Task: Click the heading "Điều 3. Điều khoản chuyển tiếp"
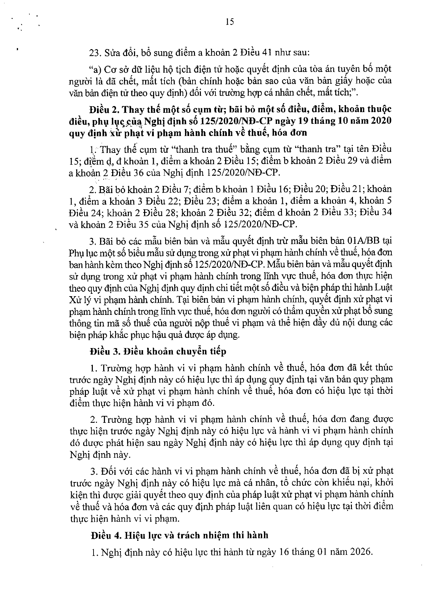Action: tap(158, 352)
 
